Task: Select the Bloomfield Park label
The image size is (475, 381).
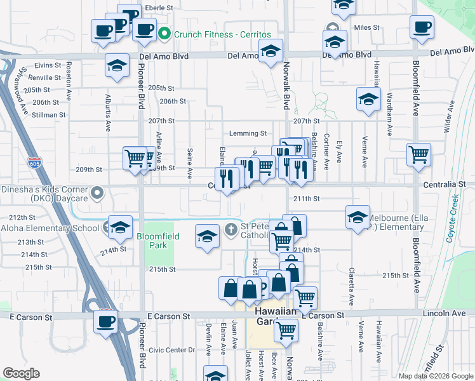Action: (x=158, y=241)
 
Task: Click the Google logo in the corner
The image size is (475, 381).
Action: (x=21, y=373)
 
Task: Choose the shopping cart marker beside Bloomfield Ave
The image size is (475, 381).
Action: (x=419, y=154)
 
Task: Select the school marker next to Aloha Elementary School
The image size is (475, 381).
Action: (x=119, y=227)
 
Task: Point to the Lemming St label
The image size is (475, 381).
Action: (x=248, y=133)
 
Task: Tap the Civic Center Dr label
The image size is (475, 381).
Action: (x=171, y=350)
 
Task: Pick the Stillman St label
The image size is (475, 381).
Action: (x=50, y=115)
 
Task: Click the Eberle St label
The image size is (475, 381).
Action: (x=159, y=8)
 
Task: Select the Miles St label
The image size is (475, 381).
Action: (x=366, y=28)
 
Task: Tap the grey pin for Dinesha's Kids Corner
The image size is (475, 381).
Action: (x=97, y=191)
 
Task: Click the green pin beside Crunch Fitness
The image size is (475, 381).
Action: (x=164, y=34)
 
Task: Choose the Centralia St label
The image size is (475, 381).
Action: (x=448, y=184)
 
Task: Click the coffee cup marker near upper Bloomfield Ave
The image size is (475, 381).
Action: (x=422, y=28)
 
